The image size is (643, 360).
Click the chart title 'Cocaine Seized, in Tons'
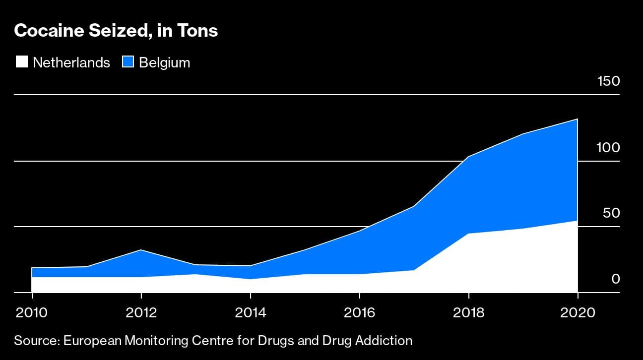click(116, 31)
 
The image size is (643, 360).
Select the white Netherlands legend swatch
click(22, 62)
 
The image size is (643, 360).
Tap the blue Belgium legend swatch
click(128, 62)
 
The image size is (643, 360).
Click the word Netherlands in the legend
click(71, 62)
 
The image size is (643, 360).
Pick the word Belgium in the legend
click(164, 62)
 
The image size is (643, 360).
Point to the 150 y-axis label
click(608, 81)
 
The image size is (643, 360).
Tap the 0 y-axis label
click(616, 279)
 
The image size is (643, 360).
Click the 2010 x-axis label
click(32, 313)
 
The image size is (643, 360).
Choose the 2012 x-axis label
click(141, 313)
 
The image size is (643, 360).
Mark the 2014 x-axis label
click(251, 313)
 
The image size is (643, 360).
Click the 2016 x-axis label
click(360, 313)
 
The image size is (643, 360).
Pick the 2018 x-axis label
click(468, 313)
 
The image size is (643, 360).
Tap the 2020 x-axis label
click(578, 313)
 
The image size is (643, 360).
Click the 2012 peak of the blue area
click(141, 250)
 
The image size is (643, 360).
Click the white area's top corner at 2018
click(468, 234)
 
